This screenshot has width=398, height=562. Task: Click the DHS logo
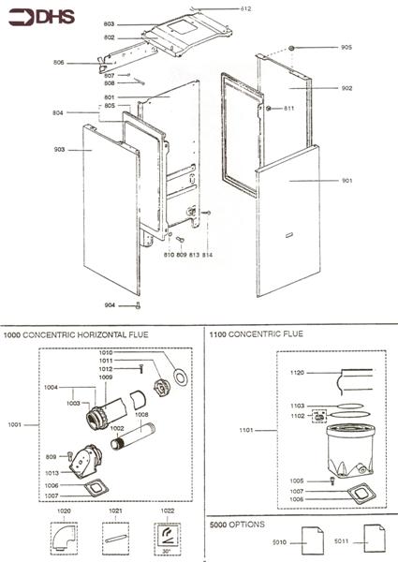[x=30, y=15]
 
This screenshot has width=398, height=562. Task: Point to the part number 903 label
[x=59, y=149]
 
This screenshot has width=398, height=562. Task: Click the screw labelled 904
[x=137, y=306]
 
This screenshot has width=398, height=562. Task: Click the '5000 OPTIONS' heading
[x=238, y=524]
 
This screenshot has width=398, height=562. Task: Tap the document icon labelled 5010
[x=310, y=540]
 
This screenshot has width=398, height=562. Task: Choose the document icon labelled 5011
[x=372, y=540]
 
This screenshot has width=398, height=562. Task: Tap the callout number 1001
[x=14, y=424]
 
